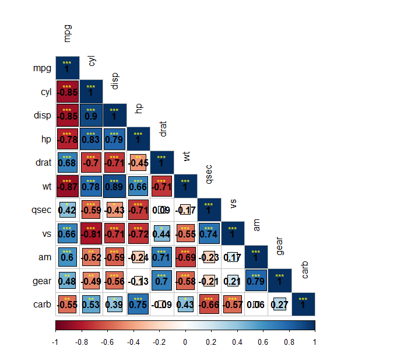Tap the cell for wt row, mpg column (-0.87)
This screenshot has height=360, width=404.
[67, 186]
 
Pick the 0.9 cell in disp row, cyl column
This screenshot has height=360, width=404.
[91, 116]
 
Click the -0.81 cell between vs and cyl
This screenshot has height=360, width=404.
[91, 233]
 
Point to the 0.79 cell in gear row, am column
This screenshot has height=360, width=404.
[256, 280]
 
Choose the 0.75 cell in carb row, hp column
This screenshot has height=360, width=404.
[138, 304]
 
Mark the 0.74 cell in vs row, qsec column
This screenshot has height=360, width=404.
[209, 233]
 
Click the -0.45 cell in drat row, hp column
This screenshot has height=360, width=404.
[138, 162]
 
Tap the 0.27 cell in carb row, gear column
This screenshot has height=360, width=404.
[279, 304]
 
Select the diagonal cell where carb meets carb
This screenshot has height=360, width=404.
[303, 304]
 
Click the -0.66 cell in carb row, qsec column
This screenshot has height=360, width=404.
[209, 304]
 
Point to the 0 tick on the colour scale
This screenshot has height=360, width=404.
[185, 342]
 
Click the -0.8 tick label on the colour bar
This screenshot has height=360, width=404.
[81, 342]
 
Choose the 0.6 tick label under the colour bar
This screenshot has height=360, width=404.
[263, 342]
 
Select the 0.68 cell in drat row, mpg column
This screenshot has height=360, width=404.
[67, 162]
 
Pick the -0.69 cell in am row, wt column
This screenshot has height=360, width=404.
[185, 257]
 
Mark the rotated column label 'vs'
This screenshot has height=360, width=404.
[233, 202]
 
